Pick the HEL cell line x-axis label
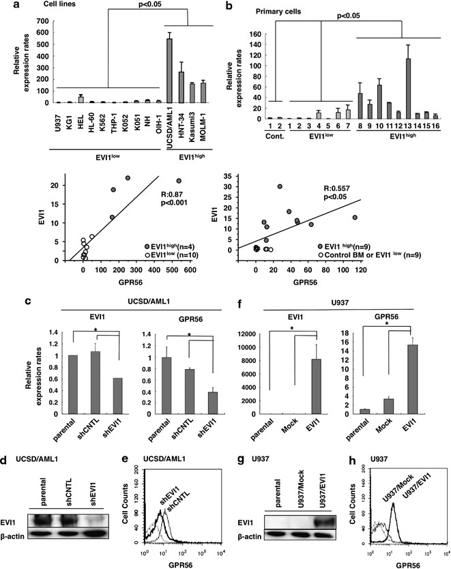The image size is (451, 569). coord(81,115)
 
